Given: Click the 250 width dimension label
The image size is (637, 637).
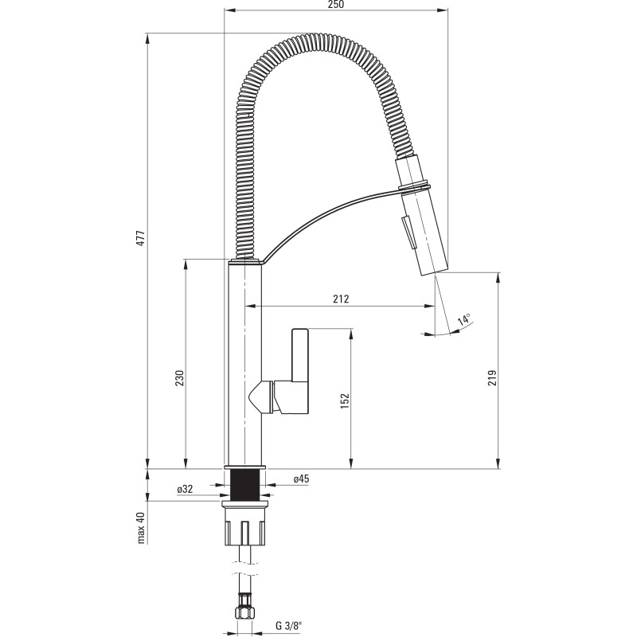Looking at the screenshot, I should (335, 5).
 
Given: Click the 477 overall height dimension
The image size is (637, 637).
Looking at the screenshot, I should (141, 238).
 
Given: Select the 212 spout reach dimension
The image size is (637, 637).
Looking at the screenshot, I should (341, 299).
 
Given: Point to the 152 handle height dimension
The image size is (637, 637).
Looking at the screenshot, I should (345, 400).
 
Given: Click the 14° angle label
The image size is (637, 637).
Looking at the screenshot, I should (463, 320).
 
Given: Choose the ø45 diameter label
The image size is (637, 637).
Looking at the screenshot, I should (301, 479).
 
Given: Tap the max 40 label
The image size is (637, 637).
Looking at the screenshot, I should (141, 527).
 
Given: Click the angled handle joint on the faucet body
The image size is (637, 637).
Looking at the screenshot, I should (262, 396).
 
